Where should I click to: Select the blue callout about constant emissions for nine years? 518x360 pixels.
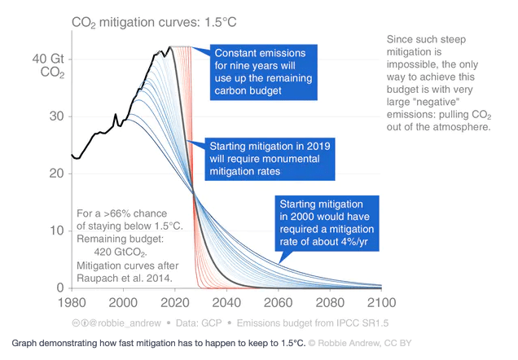(263, 71)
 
